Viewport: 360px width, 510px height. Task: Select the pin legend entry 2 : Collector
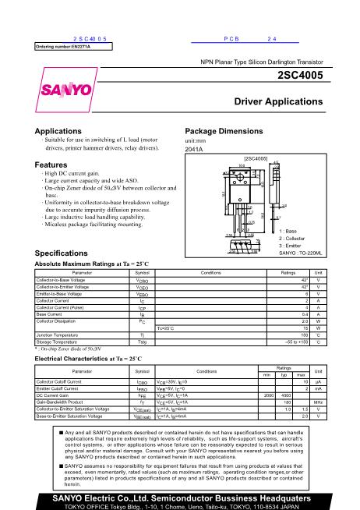point(296,239)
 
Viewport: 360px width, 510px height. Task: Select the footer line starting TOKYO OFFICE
point(180,505)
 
